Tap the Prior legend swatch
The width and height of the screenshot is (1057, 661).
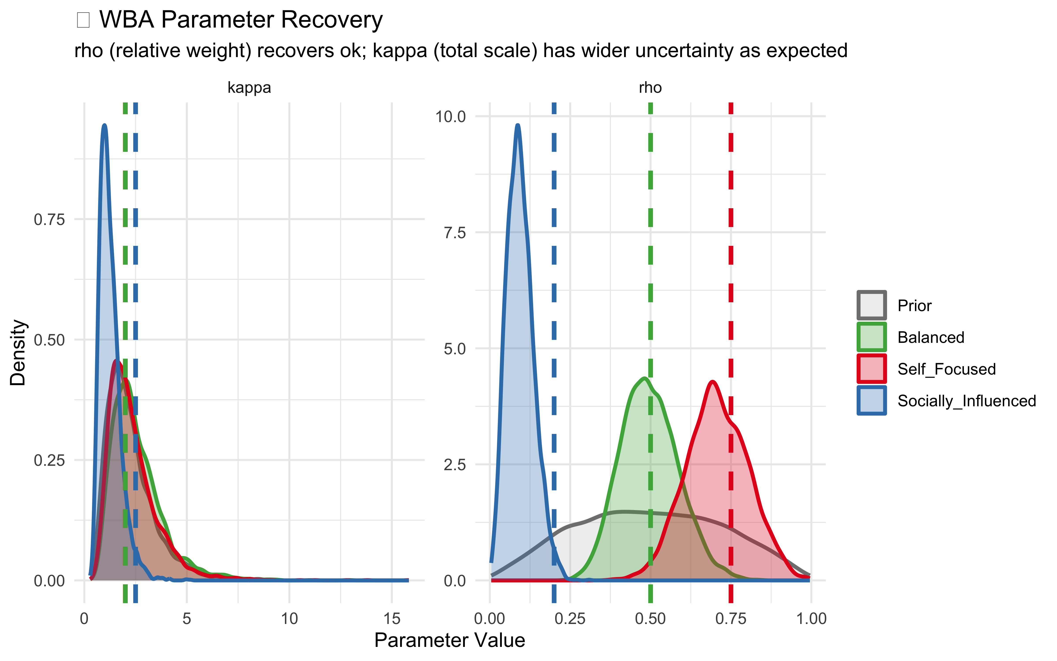(x=871, y=305)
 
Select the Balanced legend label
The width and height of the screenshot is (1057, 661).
(x=930, y=338)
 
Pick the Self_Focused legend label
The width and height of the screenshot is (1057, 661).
(x=946, y=369)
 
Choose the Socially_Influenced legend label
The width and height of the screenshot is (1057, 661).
(x=966, y=401)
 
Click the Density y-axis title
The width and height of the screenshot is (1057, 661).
(x=18, y=352)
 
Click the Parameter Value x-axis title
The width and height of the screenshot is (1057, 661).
(x=449, y=640)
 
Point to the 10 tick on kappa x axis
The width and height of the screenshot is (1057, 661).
(x=289, y=619)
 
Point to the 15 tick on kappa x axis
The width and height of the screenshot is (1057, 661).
(x=392, y=619)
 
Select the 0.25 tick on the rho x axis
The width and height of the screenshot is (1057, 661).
(x=570, y=619)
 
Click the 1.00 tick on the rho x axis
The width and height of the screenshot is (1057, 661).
(x=811, y=619)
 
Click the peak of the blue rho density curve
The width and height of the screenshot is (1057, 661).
(x=517, y=125)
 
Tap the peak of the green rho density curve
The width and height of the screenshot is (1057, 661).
(x=644, y=379)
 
